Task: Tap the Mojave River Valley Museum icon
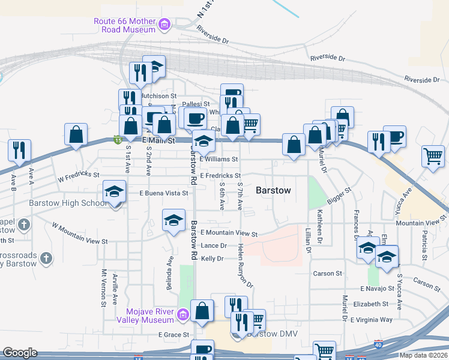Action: click(x=184, y=313)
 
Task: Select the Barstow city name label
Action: click(x=273, y=190)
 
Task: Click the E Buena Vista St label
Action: click(x=164, y=193)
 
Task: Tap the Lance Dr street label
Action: click(x=214, y=245)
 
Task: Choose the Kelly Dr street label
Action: click(x=212, y=258)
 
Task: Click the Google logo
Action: click(x=20, y=353)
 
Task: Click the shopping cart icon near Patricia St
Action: click(x=432, y=156)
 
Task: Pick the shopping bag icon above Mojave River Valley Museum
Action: click(x=202, y=311)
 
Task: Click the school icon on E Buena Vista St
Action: click(x=113, y=192)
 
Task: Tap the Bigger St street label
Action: click(x=339, y=199)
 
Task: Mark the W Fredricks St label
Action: click(x=79, y=176)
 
